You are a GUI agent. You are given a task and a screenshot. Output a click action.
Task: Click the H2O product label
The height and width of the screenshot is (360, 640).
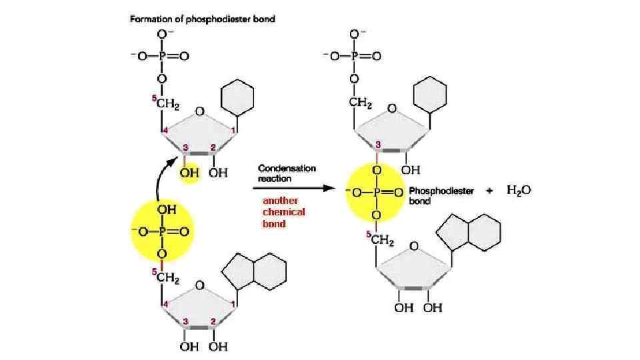(x=519, y=191)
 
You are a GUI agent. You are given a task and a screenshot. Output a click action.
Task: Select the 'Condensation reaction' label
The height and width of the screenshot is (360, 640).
(x=287, y=173)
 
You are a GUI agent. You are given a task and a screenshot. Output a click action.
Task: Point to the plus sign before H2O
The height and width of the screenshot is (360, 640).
(x=489, y=191)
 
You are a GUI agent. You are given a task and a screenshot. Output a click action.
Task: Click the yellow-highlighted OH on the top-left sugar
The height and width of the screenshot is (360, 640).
(x=189, y=173)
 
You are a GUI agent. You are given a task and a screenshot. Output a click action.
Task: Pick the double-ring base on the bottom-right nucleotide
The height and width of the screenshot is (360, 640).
(x=468, y=231)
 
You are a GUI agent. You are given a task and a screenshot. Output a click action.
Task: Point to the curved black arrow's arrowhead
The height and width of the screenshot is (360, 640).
(x=181, y=158)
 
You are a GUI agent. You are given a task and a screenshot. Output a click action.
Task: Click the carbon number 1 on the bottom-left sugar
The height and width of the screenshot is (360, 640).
(x=233, y=304)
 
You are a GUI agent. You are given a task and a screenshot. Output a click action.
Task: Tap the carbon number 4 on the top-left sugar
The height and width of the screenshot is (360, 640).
(x=164, y=131)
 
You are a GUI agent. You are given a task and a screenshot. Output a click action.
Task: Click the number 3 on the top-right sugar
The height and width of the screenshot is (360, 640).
(x=378, y=144)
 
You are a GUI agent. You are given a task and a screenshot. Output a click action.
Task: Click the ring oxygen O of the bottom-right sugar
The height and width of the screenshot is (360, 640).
(x=413, y=247)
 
